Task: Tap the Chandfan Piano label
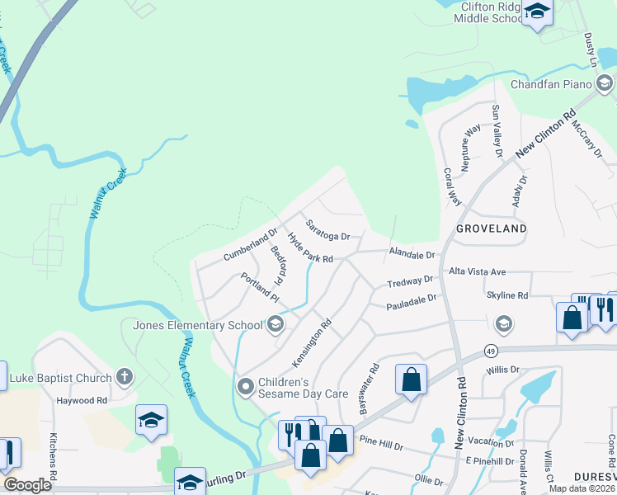tap(552, 84)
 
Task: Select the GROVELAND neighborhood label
tap(492, 227)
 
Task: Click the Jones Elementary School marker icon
tap(276, 324)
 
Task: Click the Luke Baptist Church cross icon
tap(125, 377)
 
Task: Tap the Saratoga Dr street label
tap(327, 230)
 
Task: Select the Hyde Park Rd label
tap(309, 247)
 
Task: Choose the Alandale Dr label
tap(412, 256)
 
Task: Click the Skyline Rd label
tap(507, 295)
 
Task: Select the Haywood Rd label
tap(82, 401)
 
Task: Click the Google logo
tap(27, 485)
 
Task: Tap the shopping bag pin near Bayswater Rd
tap(411, 380)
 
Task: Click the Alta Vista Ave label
tap(477, 271)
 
